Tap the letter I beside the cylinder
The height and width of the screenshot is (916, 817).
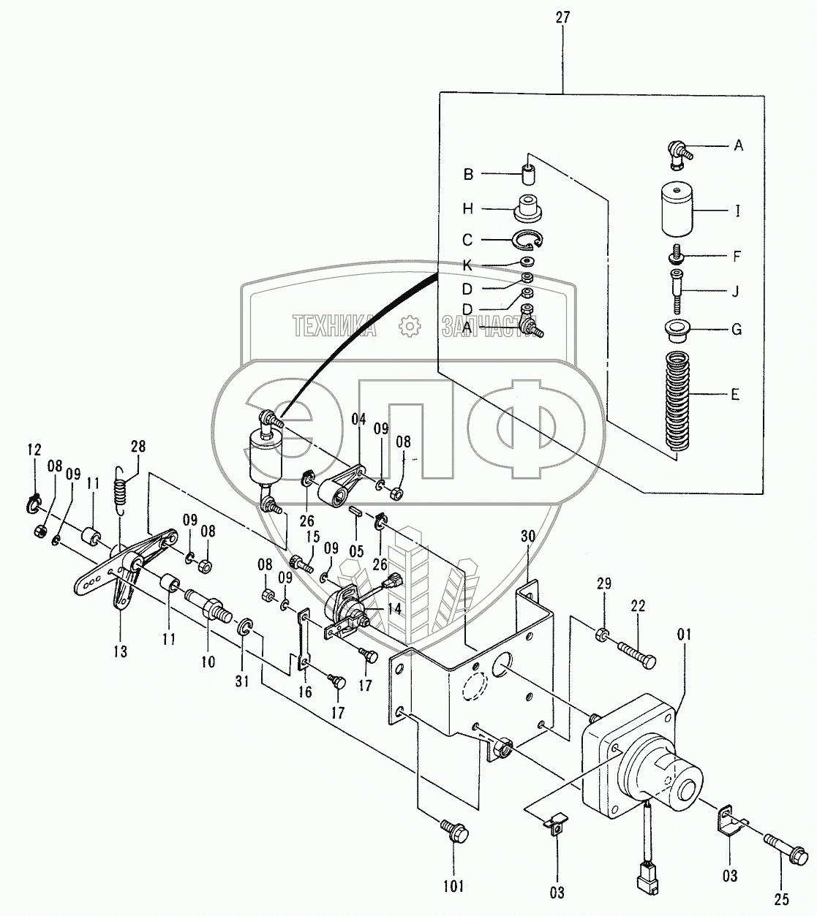click(x=737, y=212)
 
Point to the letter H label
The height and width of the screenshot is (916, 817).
click(x=467, y=209)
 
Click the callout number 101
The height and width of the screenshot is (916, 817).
click(x=453, y=887)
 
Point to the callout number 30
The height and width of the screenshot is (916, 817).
click(x=529, y=535)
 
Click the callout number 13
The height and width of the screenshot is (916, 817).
click(x=119, y=650)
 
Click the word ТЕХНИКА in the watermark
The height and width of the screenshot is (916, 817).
click(x=334, y=326)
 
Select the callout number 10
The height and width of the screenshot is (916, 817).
click(x=208, y=662)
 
